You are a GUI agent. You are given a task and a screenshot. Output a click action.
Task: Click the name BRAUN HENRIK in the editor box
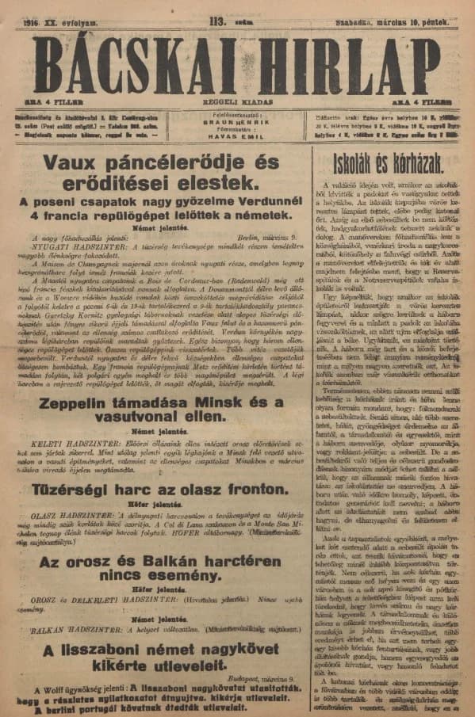tap(237, 123)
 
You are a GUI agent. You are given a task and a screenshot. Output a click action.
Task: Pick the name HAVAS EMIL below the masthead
tap(237, 137)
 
